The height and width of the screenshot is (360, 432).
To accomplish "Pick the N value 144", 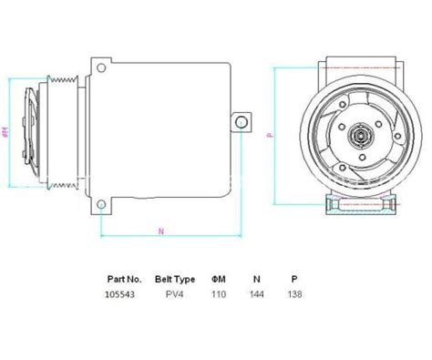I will pos(257,293).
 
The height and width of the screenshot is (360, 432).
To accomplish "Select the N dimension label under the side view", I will pos(161,231).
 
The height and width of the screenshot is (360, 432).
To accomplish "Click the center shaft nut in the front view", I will pos(357,136).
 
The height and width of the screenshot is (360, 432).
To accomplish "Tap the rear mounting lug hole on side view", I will pos(242,121).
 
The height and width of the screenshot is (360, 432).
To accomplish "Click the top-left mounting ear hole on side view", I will pos(98,66).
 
